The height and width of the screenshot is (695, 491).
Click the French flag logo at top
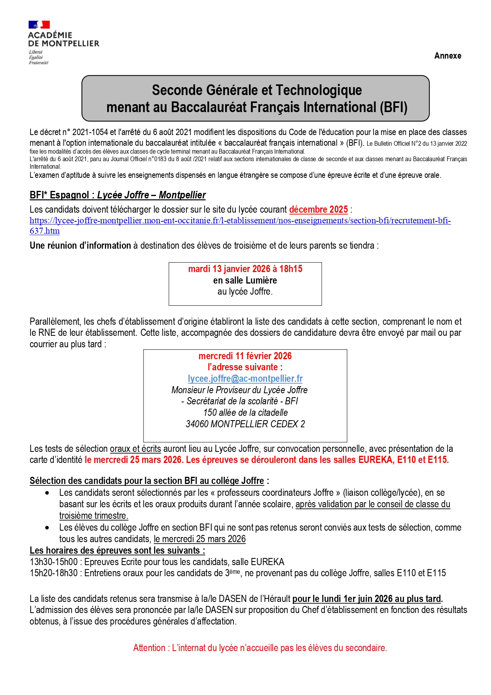click(x=39, y=25)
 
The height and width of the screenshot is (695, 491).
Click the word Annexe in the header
click(x=447, y=56)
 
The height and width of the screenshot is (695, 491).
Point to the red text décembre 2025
click(x=318, y=209)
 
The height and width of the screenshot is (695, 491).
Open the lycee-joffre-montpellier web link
click(x=240, y=221)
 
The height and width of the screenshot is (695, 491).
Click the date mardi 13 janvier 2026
click(x=229, y=269)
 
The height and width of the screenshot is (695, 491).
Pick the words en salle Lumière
click(x=245, y=280)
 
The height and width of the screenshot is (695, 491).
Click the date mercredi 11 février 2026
click(x=245, y=356)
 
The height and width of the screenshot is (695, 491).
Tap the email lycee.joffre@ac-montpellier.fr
click(x=245, y=379)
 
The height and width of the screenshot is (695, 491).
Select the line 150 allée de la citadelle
click(x=245, y=413)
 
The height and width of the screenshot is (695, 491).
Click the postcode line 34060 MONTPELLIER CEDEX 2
click(x=245, y=424)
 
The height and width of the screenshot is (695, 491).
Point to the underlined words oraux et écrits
click(x=135, y=449)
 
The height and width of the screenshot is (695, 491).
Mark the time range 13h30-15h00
click(x=53, y=562)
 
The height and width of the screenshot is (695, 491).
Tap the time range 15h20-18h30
click(x=53, y=573)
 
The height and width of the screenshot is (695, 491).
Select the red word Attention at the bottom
click(x=149, y=648)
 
